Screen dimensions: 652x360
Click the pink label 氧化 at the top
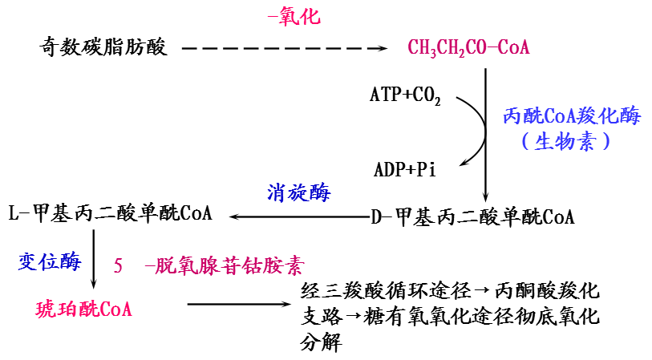click(299, 17)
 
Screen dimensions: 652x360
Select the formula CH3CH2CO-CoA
click(468, 48)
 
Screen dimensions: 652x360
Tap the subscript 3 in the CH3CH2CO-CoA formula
click(433, 53)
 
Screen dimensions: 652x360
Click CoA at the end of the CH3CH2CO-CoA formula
click(513, 48)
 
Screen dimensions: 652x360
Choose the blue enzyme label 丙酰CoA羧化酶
click(571, 116)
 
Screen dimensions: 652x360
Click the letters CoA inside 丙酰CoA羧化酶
click(561, 116)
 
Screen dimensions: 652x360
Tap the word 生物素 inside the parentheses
click(565, 142)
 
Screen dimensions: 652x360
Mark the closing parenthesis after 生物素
click(607, 142)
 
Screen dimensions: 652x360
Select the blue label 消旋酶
click(298, 192)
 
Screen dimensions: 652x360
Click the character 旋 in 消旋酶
click(298, 192)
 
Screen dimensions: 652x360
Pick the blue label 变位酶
click(50, 262)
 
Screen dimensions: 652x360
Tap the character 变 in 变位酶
click(28, 262)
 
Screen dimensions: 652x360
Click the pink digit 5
click(118, 266)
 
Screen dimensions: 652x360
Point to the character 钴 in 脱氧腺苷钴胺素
click(249, 266)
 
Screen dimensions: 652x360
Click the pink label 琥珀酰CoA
click(83, 309)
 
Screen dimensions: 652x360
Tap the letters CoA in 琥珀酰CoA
click(115, 309)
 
